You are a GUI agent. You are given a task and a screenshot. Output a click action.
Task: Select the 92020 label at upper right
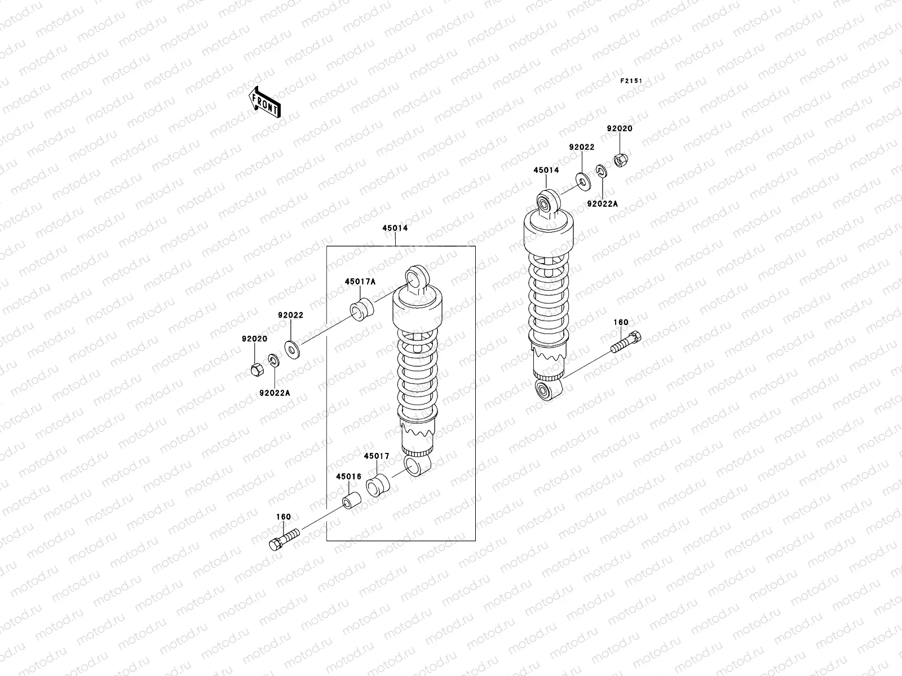click(x=620, y=128)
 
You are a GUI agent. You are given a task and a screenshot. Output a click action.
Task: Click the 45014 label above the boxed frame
click(x=395, y=229)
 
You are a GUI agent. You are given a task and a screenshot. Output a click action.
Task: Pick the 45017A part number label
click(x=360, y=282)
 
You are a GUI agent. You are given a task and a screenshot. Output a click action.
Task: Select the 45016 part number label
click(x=348, y=476)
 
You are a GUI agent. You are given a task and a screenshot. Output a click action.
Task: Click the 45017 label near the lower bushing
click(x=377, y=456)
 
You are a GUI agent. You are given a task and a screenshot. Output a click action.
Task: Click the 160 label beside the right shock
click(x=621, y=323)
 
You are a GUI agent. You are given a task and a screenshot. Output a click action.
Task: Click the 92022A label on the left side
click(x=275, y=393)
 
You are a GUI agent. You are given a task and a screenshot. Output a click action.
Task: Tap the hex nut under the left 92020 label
click(x=254, y=370)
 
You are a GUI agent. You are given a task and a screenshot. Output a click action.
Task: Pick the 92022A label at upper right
click(x=602, y=204)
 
